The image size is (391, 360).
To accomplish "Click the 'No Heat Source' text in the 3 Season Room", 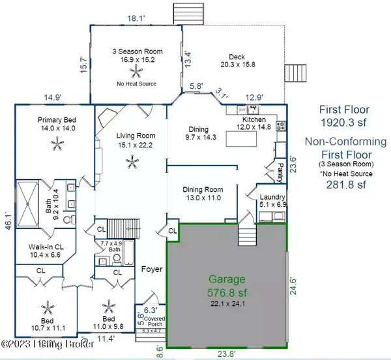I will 136,83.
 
